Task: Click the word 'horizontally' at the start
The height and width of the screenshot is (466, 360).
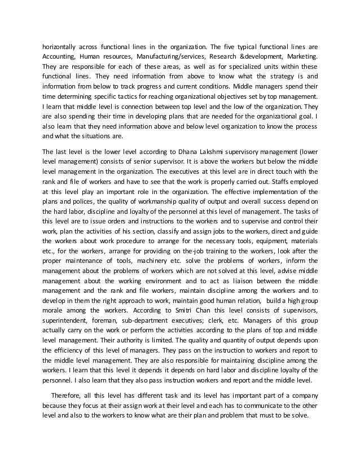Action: point(60,47)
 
